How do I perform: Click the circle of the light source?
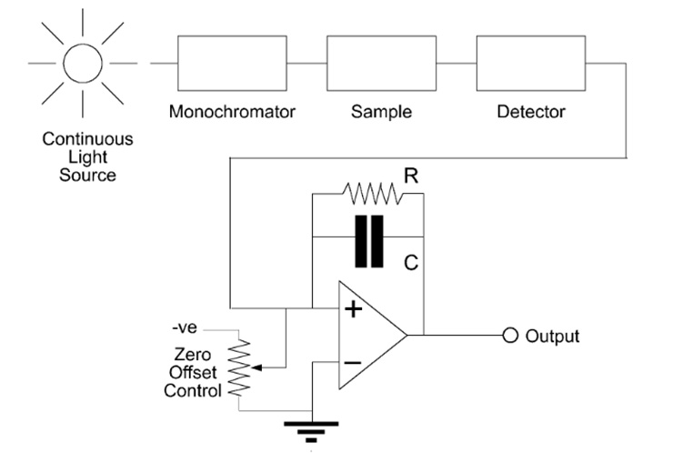[x=83, y=64]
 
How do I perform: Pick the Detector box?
[x=531, y=64]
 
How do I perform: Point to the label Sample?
[x=381, y=113]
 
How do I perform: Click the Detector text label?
[x=531, y=113]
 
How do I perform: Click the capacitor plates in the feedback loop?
[x=369, y=241]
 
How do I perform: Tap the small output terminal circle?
[x=509, y=336]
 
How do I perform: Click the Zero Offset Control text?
[x=192, y=374]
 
